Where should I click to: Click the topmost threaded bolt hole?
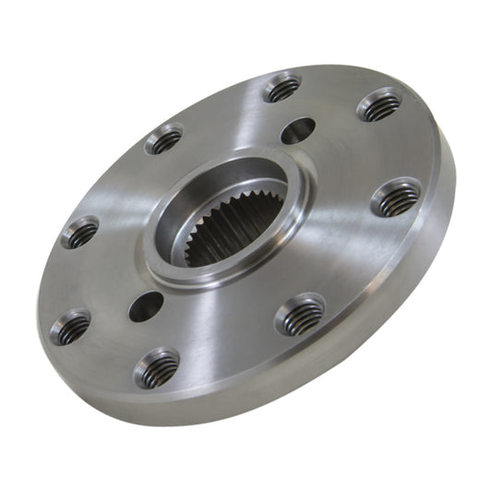pyautogui.click(x=282, y=89)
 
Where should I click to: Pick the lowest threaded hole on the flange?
pyautogui.click(x=156, y=367)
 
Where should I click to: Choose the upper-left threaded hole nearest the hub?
pyautogui.click(x=163, y=140)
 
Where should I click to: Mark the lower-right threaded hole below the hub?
pyautogui.click(x=302, y=316)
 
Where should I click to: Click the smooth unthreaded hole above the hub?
pyautogui.click(x=296, y=131)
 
